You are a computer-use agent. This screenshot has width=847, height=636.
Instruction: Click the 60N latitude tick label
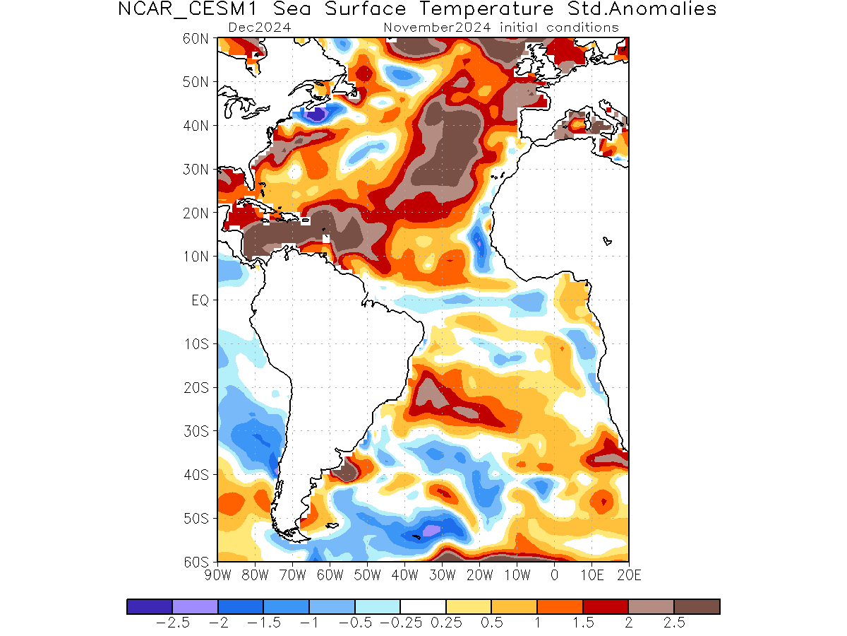click(x=195, y=39)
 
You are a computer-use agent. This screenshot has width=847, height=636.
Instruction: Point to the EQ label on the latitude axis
click(x=200, y=300)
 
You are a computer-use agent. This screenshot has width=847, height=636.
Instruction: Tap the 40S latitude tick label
click(x=196, y=475)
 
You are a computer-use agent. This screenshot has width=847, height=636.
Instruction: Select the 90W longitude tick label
click(x=217, y=575)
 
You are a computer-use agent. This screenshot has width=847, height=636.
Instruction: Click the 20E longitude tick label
click(x=629, y=575)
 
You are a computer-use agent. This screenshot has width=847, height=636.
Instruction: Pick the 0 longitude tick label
click(x=554, y=575)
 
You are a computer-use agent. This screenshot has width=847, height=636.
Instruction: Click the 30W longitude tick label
click(x=443, y=575)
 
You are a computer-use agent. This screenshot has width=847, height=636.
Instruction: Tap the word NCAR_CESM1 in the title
click(x=187, y=9)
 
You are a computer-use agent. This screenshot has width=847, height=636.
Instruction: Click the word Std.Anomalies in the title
click(x=642, y=9)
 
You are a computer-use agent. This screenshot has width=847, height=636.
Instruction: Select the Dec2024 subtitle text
click(x=260, y=28)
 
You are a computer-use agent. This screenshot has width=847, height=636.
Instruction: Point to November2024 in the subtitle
click(x=437, y=28)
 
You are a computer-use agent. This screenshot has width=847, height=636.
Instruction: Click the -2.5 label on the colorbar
click(x=172, y=623)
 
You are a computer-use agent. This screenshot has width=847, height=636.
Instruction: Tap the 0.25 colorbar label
click(x=446, y=623)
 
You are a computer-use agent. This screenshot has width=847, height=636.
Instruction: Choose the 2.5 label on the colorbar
click(x=674, y=623)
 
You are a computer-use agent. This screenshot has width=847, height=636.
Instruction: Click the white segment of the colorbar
click(x=423, y=606)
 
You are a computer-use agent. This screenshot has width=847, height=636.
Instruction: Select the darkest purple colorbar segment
click(x=150, y=606)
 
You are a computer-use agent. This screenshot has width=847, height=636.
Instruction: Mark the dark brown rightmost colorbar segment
click(x=697, y=606)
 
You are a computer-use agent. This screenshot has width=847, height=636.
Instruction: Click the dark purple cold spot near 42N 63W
click(x=318, y=114)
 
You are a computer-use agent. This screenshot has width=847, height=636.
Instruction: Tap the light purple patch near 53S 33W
click(x=431, y=530)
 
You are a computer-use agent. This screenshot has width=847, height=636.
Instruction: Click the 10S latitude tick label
click(x=196, y=343)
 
